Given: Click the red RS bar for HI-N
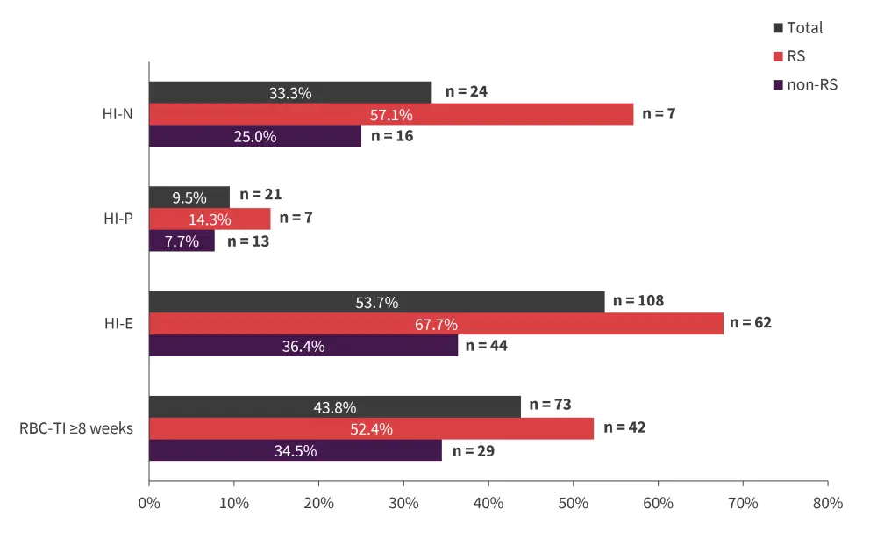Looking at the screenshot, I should point(390,114).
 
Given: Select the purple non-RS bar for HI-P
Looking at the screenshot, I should point(182,241).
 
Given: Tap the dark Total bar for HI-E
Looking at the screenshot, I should point(376,302).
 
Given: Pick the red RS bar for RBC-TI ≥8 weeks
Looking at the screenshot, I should point(371,428).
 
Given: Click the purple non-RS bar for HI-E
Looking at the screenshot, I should point(303,346).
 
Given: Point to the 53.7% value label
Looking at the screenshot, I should point(377,303).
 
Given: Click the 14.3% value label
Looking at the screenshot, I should point(210,219).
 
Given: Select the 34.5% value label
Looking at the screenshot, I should point(296,450).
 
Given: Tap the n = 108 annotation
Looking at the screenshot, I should point(638,301).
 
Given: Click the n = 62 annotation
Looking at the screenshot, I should point(751,323).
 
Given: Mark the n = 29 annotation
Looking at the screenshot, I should point(474,450).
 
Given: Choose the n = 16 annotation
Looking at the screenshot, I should point(392,136).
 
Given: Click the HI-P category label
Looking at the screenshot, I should point(118,219).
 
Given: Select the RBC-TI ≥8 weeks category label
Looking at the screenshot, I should point(76,428).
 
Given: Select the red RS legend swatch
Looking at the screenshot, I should point(778,57).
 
